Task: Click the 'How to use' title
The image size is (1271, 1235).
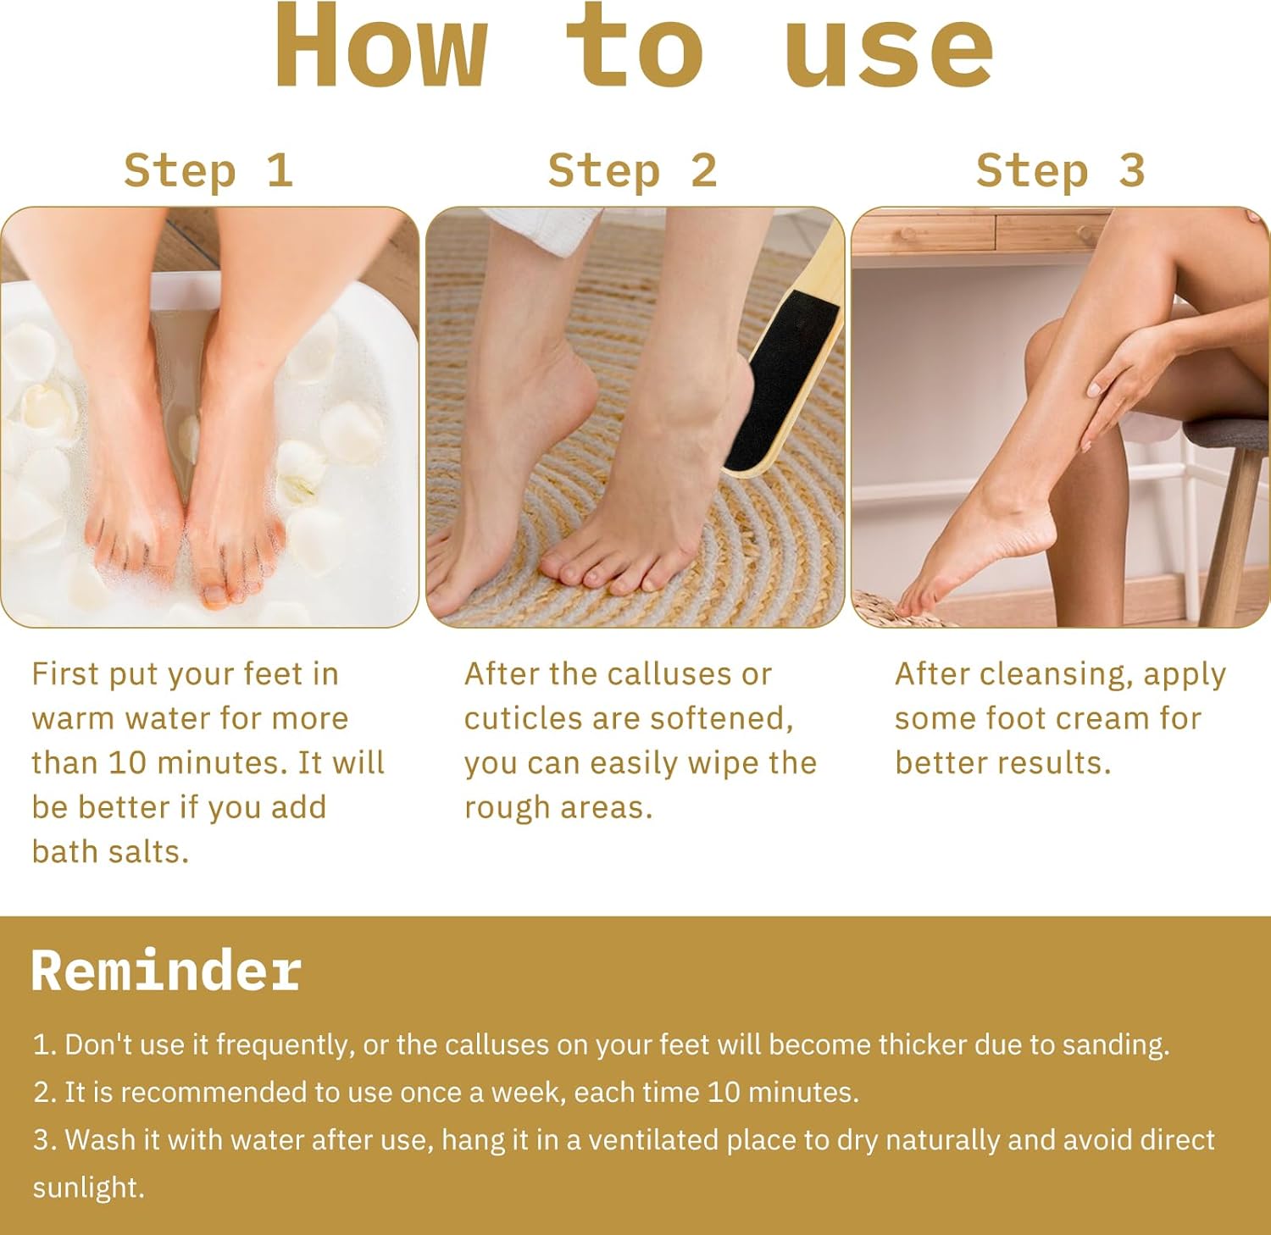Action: pyautogui.click(x=634, y=46)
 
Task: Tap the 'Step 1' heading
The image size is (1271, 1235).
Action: pyautogui.click(x=208, y=170)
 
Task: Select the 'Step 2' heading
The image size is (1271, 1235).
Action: pyautogui.click(x=632, y=170)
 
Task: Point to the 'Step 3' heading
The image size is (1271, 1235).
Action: pyautogui.click(x=1060, y=170)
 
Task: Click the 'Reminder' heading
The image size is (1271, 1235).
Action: pyautogui.click(x=166, y=970)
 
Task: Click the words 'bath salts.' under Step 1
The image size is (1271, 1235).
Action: pyautogui.click(x=110, y=851)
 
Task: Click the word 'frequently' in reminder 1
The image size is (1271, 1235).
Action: pyautogui.click(x=284, y=1045)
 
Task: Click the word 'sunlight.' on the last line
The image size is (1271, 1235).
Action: pyautogui.click(x=88, y=1188)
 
